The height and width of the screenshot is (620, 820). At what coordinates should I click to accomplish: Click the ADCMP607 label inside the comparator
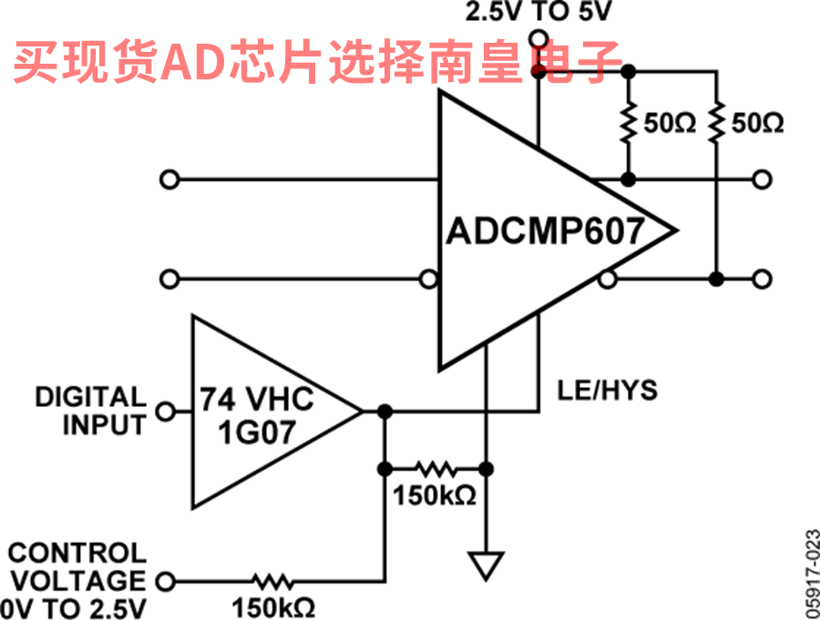pyautogui.click(x=545, y=230)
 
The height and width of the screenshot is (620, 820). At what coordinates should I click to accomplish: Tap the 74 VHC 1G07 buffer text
pyautogui.click(x=257, y=414)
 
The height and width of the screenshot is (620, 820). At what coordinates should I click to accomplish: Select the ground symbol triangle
pyautogui.click(x=487, y=565)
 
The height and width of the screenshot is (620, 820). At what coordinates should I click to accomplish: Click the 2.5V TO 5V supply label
pyautogui.click(x=539, y=13)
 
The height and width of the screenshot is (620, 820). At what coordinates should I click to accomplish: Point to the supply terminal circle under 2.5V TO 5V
pyautogui.click(x=538, y=39)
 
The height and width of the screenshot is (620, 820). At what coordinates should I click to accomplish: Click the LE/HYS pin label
pyautogui.click(x=607, y=391)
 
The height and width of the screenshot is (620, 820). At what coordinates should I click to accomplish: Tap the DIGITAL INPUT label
pyautogui.click(x=91, y=410)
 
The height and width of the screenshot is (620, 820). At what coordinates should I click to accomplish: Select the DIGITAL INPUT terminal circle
pyautogui.click(x=166, y=412)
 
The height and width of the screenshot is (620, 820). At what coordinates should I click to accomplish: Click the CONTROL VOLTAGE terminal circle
pyautogui.click(x=166, y=580)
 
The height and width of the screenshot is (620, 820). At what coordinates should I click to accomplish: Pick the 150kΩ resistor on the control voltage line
pyautogui.click(x=272, y=580)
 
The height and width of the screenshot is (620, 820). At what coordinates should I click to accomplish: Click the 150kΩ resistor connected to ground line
pyautogui.click(x=435, y=470)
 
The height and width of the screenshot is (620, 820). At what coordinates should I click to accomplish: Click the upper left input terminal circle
pyautogui.click(x=167, y=179)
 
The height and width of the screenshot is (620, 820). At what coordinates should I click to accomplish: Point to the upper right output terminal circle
pyautogui.click(x=763, y=179)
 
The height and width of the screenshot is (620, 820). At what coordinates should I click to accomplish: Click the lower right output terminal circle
pyautogui.click(x=763, y=278)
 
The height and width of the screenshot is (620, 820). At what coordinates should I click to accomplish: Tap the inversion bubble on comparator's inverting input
pyautogui.click(x=427, y=279)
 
